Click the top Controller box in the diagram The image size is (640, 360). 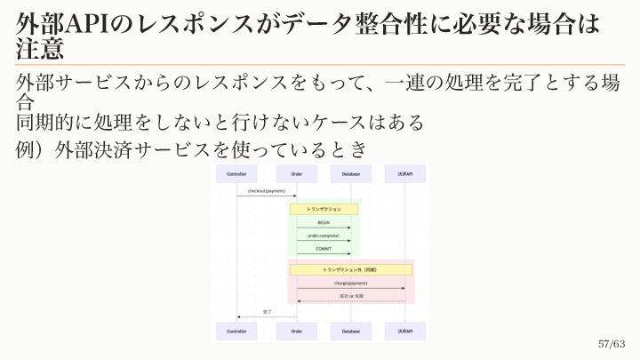tap(236, 174)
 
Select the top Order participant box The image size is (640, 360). tap(296, 174)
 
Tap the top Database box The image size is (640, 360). tap(350, 174)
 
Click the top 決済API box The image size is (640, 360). tap(404, 174)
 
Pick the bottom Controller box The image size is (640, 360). tap(236, 332)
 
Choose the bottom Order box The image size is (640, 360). tap(296, 332)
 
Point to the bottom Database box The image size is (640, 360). tap(350, 332)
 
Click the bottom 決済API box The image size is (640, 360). tap(404, 332)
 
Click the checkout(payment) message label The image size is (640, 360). tap(266, 191)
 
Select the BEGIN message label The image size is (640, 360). tap(324, 223)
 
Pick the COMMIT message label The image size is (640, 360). tap(324, 248)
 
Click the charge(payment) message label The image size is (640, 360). tap(350, 283)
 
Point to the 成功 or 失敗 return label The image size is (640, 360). tap(350, 295)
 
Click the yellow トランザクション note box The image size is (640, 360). tap(324, 208)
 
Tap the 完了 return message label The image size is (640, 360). tap(267, 312)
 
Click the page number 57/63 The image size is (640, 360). tap(612, 344)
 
